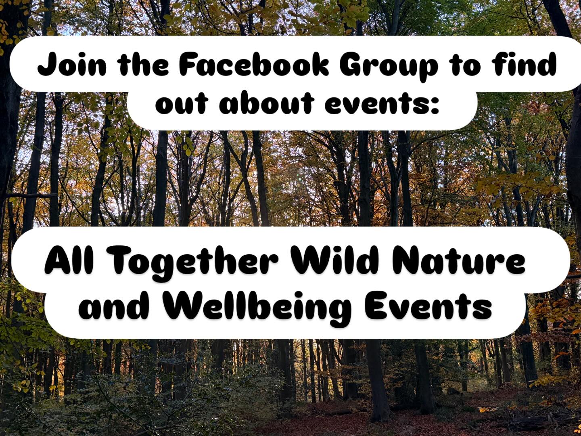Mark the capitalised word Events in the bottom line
(428, 306)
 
